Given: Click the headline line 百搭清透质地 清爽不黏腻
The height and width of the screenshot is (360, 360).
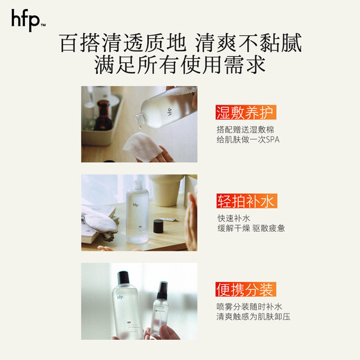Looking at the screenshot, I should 181,44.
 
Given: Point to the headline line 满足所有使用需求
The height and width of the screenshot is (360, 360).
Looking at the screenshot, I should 180,67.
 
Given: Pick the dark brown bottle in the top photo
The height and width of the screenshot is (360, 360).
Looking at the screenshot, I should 105,114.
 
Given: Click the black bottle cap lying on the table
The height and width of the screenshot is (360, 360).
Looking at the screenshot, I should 159,226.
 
